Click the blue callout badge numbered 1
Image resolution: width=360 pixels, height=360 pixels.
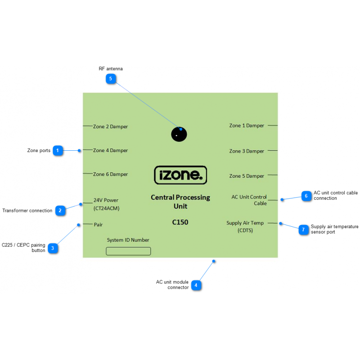point(58,151)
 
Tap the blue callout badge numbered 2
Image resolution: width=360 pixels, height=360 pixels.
point(60,210)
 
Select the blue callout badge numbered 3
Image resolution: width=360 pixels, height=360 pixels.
point(53,248)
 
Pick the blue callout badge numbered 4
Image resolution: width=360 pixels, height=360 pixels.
point(196,285)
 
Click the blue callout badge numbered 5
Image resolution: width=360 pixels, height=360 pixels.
point(111,79)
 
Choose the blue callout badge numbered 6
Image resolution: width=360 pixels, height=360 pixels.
point(306,196)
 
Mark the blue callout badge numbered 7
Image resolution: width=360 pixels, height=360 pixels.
point(303,229)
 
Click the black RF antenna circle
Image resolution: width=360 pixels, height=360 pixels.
point(179,134)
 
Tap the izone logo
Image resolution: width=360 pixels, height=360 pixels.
point(180,175)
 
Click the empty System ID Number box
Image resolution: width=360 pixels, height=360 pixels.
point(128,251)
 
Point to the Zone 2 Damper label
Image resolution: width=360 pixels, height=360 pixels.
point(110,127)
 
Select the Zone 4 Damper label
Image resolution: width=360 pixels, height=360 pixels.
point(110,151)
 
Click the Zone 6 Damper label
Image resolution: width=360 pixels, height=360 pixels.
point(110,175)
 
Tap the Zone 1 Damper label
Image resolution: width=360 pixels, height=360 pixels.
point(247,126)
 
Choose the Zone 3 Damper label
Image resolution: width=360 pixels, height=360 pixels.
point(247,151)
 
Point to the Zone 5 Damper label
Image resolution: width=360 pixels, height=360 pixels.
point(247,176)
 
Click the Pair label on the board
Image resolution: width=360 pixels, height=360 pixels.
point(99,225)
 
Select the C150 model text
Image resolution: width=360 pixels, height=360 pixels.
point(180,222)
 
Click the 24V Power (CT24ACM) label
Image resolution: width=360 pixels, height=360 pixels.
point(106,204)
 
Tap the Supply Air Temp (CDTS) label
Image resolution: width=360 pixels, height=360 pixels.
point(245,227)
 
